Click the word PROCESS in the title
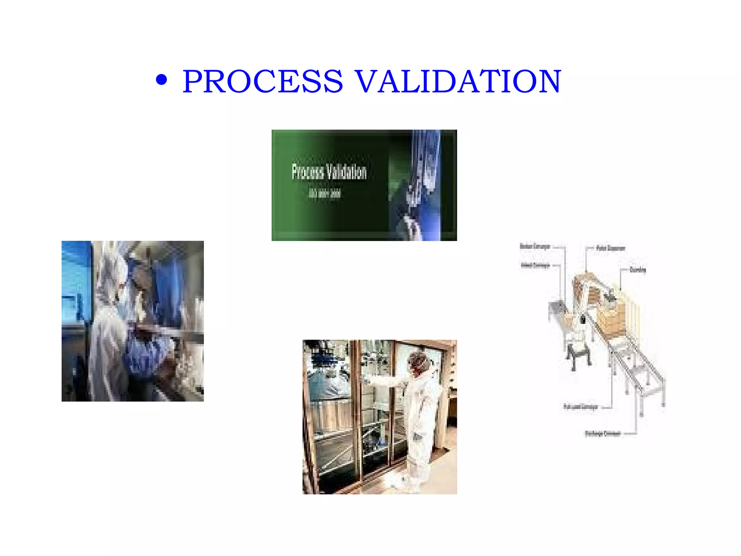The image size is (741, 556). [x=263, y=81]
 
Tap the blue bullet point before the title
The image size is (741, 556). [x=161, y=80]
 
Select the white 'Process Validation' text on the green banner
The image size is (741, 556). [x=329, y=172]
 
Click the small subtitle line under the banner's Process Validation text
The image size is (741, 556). [x=325, y=194]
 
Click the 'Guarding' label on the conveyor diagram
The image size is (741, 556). [x=638, y=270]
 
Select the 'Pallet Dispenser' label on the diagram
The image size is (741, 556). [x=611, y=248]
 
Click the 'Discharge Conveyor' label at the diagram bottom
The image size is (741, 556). [x=602, y=433]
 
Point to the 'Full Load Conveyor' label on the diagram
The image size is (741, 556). [x=580, y=407]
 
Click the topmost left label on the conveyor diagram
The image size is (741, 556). [x=535, y=247]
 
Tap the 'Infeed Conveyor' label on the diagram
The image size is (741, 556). [x=535, y=265]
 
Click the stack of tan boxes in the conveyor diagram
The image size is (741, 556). [x=611, y=319]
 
